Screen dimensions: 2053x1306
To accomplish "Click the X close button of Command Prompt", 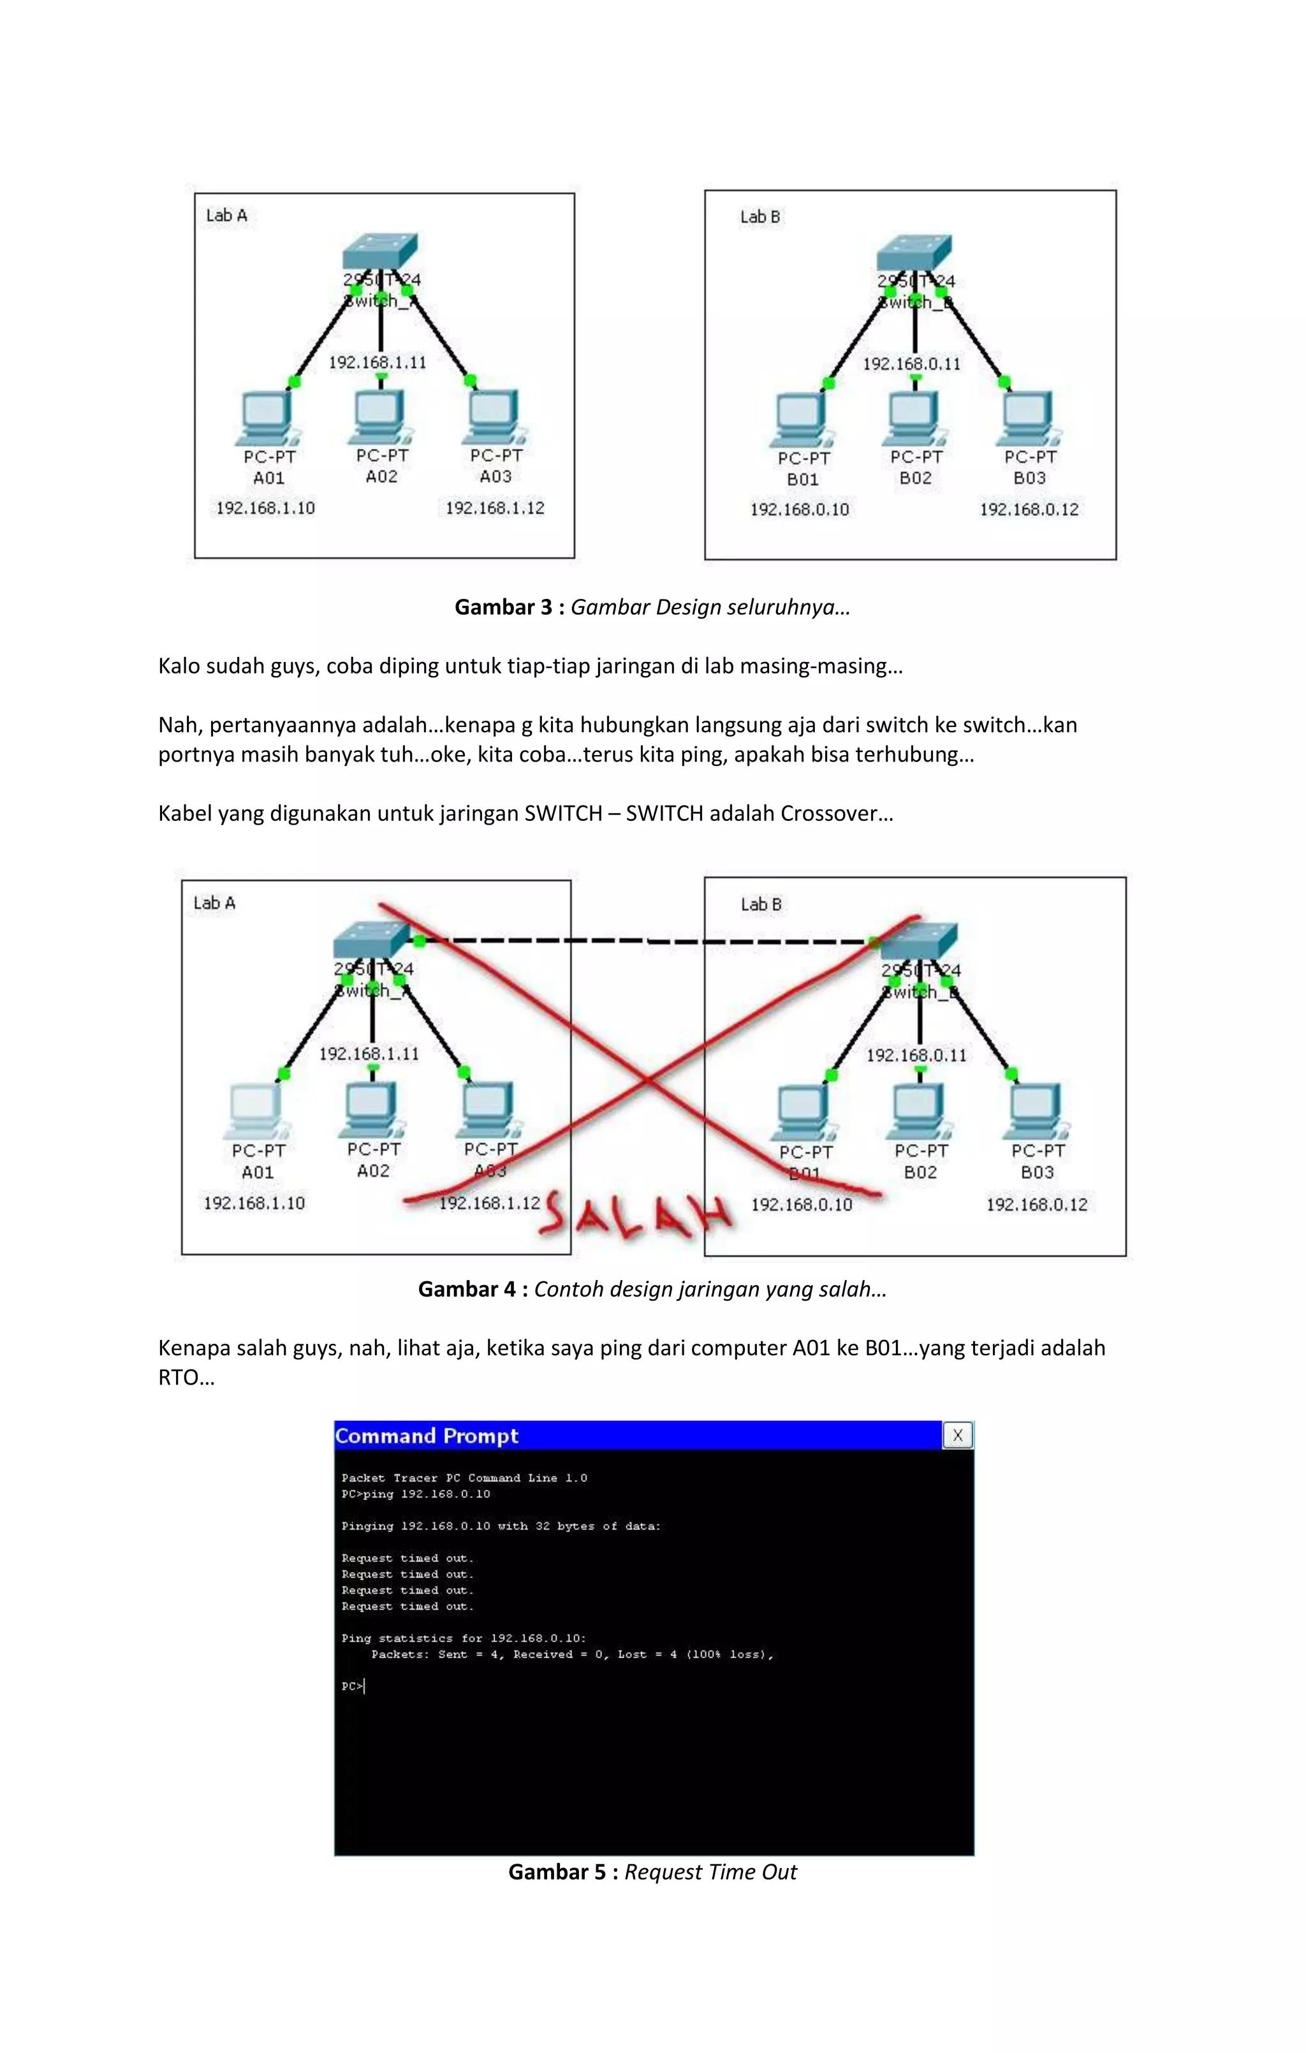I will pos(957,1436).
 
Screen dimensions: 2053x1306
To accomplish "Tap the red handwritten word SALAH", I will pos(635,1214).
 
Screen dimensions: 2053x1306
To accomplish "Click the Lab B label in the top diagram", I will pos(759,217).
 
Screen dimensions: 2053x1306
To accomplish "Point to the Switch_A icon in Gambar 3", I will pos(380,251).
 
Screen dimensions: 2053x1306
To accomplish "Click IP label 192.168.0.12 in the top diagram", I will pos(1029,510).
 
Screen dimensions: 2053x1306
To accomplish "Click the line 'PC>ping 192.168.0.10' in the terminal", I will pos(416,1494).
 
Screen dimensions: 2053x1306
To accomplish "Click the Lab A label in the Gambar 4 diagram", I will pos(214,903).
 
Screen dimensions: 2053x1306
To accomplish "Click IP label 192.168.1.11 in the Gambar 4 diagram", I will pos(369,1054).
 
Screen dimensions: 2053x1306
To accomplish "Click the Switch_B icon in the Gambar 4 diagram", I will pos(919,940).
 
